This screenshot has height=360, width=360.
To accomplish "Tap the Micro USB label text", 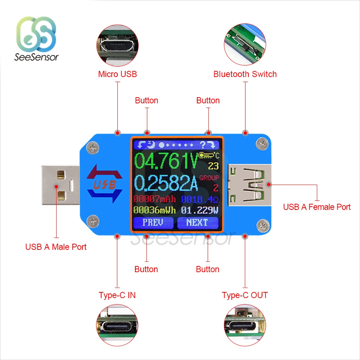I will coord(117,74).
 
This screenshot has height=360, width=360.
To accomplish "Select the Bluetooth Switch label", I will coord(245,74).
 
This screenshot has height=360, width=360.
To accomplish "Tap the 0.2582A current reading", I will coord(166,183).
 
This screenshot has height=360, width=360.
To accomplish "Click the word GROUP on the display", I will coord(209,178).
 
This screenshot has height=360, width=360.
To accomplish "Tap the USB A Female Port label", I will coord(317,207).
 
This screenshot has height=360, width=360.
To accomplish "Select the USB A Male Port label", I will coord(56,247).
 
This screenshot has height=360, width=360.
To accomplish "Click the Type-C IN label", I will coord(117,295).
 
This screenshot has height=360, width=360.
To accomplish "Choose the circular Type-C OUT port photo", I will coord(245,326).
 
